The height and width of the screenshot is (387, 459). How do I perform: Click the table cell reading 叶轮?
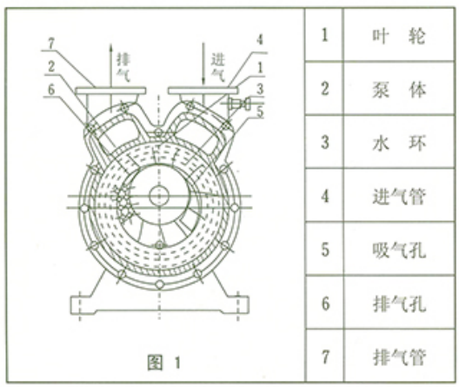[x=399, y=35]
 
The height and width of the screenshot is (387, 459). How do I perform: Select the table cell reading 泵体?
[x=399, y=89]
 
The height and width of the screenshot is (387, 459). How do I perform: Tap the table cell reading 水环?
[x=399, y=143]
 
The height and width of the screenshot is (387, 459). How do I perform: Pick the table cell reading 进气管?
[x=399, y=196]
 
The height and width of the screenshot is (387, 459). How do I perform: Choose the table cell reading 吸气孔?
[x=399, y=249]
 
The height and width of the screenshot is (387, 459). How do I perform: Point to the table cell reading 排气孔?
[x=399, y=303]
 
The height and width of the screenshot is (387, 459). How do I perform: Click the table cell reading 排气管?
[x=399, y=356]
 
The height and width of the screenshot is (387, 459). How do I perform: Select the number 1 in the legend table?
[x=324, y=35]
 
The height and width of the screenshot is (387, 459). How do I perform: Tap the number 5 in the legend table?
[x=325, y=250]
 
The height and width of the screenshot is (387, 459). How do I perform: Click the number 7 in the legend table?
[x=325, y=357]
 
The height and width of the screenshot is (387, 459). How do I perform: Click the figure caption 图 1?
[x=164, y=363]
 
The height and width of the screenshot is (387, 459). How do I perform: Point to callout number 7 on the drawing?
[x=51, y=43]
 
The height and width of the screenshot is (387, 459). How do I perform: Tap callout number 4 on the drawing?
[x=260, y=39]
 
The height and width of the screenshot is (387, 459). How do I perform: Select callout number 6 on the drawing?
[x=51, y=90]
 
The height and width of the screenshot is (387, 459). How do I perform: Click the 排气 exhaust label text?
[x=123, y=68]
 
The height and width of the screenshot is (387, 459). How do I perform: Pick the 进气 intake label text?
[x=218, y=68]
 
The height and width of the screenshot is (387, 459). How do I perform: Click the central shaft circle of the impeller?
[x=159, y=196]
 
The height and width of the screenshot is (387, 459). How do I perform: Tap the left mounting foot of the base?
[x=83, y=305]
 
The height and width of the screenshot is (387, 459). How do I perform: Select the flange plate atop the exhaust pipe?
[x=110, y=90]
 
